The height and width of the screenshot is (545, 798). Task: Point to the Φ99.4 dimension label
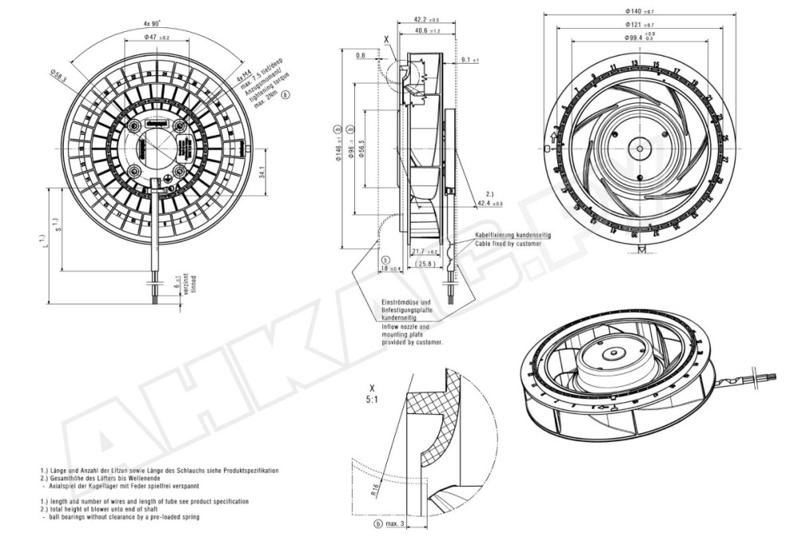pyautogui.click(x=639, y=38)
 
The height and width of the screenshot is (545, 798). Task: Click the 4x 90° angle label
pyautogui.click(x=152, y=23)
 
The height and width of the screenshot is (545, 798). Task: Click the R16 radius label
pyautogui.click(x=374, y=489)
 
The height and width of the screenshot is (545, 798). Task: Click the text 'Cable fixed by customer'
pyautogui.click(x=512, y=243)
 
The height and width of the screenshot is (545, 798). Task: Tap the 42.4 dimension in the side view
pyautogui.click(x=491, y=203)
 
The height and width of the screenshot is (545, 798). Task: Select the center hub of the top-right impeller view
pyautogui.click(x=638, y=144)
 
